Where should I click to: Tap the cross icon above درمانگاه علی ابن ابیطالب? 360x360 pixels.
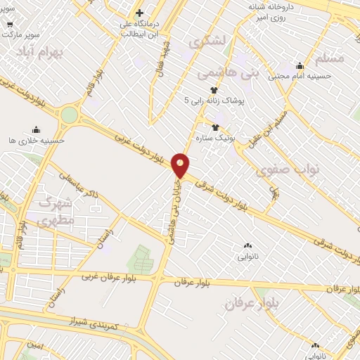pyautogui.click(x=140, y=13)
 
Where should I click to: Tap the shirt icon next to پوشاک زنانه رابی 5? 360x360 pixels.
pyautogui.click(x=214, y=89)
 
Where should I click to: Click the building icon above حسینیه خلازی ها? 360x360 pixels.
pyautogui.click(x=36, y=129)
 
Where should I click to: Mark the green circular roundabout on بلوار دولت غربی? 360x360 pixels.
pyautogui.click(x=69, y=114)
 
